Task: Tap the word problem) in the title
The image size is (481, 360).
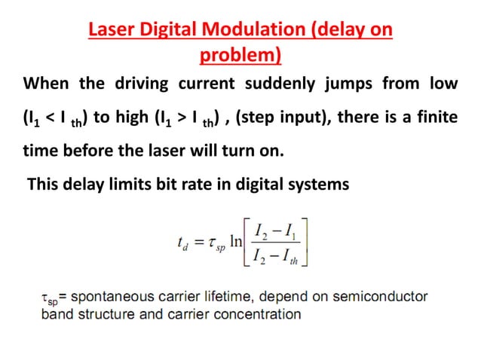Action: pyautogui.click(x=240, y=55)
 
